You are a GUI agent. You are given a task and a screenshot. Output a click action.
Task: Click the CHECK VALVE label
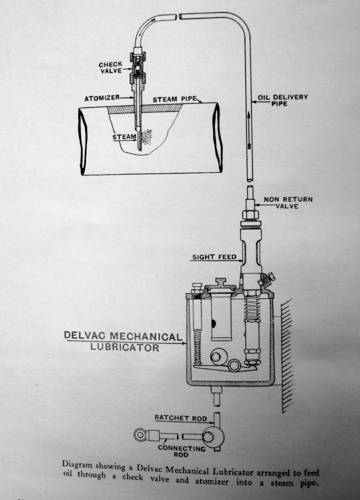(x=110, y=67)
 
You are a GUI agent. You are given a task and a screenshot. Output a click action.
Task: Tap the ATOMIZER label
(x=102, y=98)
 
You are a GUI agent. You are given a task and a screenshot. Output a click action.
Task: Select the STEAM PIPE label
(x=175, y=99)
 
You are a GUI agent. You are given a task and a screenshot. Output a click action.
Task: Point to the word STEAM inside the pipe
(x=125, y=137)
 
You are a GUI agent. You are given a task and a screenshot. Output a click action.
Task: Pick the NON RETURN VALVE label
(x=288, y=203)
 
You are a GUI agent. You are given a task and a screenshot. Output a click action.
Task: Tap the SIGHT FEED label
(x=214, y=257)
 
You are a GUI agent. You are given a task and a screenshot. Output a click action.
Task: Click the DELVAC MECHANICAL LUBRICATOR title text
(x=123, y=341)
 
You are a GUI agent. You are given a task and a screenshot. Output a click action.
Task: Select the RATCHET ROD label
(x=181, y=418)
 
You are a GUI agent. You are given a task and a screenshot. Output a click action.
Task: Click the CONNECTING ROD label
(x=181, y=451)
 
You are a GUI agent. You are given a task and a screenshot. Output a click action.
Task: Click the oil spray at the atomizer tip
(x=147, y=137)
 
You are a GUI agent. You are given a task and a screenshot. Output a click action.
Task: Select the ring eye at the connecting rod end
(x=140, y=434)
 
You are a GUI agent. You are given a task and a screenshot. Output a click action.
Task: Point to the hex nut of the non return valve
(x=251, y=214)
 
